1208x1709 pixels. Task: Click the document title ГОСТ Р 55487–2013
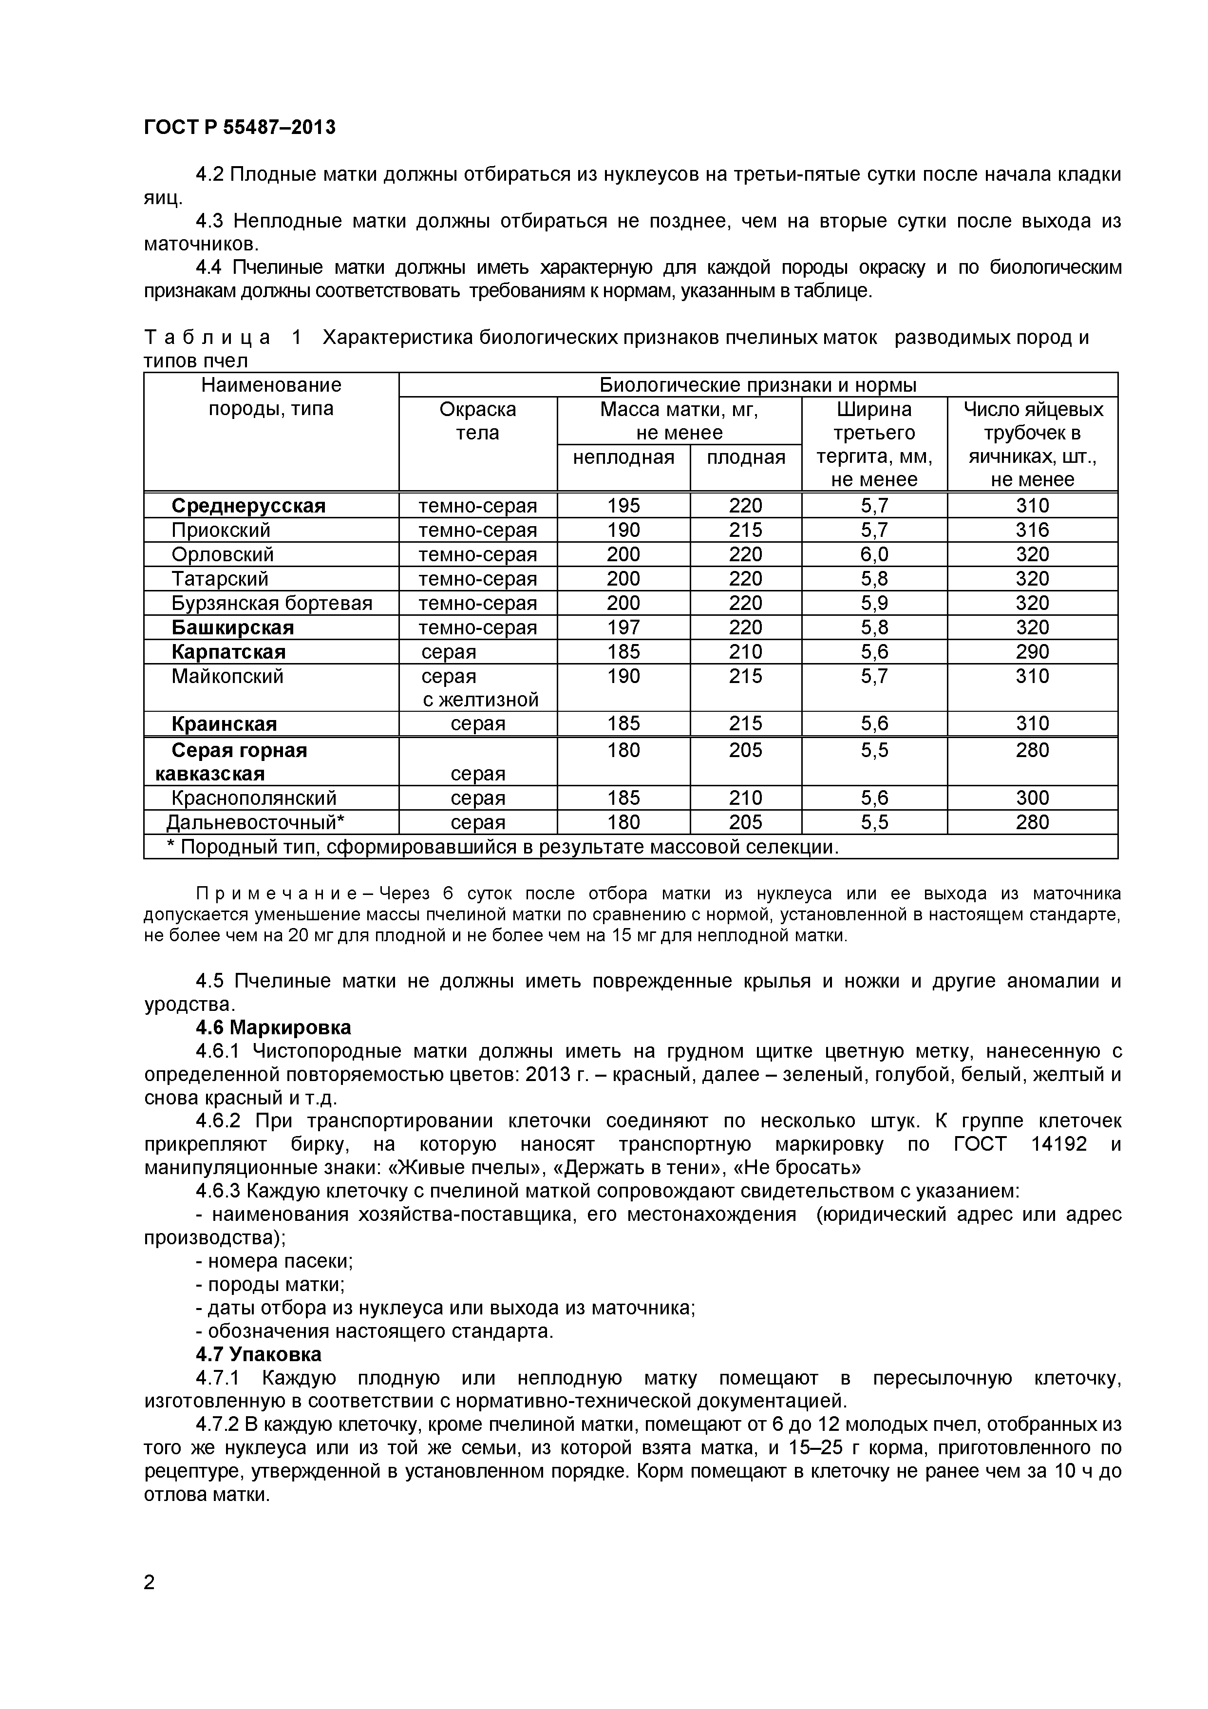pos(239,127)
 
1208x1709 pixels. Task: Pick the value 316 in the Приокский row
pos(1032,530)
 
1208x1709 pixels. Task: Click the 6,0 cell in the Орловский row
pos(874,554)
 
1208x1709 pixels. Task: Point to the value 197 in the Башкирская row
pos(623,627)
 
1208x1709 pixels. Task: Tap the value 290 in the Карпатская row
pos(1032,652)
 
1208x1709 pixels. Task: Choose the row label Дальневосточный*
pos(255,822)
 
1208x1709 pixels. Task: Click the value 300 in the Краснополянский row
pos(1032,798)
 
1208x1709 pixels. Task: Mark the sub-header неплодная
pos(623,457)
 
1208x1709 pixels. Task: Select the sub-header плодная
pos(745,457)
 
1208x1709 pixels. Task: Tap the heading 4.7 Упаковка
pos(258,1353)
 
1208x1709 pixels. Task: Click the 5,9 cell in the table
pos(874,603)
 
